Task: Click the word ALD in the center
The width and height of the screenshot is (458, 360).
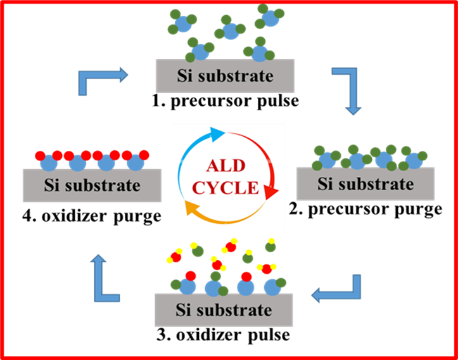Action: pos(225,167)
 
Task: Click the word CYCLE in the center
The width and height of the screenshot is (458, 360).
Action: pos(226,188)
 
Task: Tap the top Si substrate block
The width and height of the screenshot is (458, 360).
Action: pos(225,76)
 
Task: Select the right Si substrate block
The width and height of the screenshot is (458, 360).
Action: pos(366,184)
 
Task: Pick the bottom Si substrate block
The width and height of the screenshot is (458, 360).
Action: pos(224,310)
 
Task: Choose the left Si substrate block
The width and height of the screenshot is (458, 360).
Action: pos(92,185)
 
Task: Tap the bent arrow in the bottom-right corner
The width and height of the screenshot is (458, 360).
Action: pos(339,292)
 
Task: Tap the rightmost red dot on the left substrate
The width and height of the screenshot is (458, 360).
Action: pos(144,155)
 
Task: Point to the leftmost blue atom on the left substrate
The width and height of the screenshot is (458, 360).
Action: pos(49,163)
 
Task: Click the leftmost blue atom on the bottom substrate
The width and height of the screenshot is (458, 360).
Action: pos(187,286)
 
